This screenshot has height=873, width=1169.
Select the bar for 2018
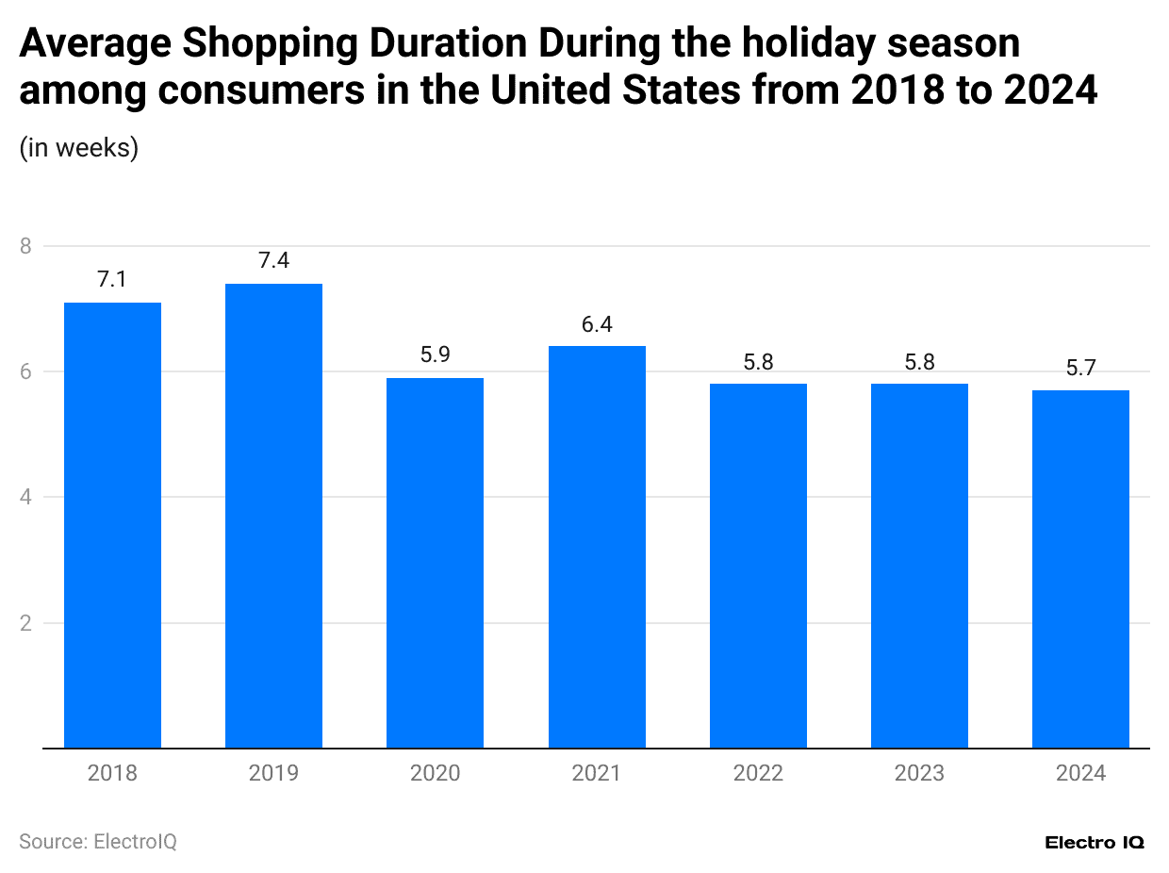tap(112, 525)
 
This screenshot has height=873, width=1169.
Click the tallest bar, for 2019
tap(273, 516)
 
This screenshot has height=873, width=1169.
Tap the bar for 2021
tap(597, 547)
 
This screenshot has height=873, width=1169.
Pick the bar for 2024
tap(1080, 568)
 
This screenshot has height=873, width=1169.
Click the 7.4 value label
tap(273, 261)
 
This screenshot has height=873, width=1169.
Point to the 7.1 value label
tap(112, 280)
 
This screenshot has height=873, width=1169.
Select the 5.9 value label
tap(435, 355)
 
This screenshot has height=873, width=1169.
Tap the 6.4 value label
tap(597, 324)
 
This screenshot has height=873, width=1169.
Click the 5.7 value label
tap(1080, 368)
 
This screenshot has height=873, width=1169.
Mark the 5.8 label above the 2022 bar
tap(758, 362)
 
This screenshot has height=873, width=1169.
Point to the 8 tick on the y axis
tap(25, 246)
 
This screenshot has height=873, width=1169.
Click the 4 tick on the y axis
tap(25, 497)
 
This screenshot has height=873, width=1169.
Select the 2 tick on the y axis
tap(25, 623)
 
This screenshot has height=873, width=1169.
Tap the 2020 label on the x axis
tap(435, 774)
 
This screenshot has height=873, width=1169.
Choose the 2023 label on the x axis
tap(919, 774)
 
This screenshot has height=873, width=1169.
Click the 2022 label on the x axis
tap(758, 774)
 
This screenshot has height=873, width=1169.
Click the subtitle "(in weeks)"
tap(79, 148)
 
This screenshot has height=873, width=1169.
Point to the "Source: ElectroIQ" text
tap(98, 841)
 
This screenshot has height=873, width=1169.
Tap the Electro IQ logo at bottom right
tap(1095, 842)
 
